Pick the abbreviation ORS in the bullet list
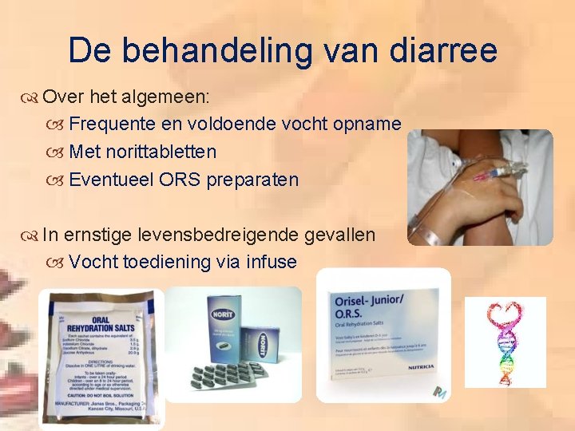(x=180, y=180)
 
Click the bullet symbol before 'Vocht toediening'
(x=57, y=263)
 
